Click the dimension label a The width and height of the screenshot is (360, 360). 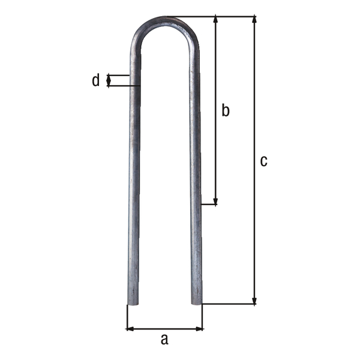[164, 340]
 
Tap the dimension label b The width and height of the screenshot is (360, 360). [226, 110]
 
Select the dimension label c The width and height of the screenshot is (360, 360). [263, 161]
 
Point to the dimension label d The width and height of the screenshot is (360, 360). [95, 80]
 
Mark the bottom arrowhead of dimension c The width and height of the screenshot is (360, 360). [255, 300]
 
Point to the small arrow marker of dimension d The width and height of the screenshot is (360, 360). [109, 80]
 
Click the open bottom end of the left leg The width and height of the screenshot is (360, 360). [133, 302]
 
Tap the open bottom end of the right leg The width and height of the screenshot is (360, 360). [196, 302]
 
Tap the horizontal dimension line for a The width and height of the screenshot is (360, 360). [164, 328]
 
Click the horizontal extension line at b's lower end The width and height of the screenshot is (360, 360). [208, 205]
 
